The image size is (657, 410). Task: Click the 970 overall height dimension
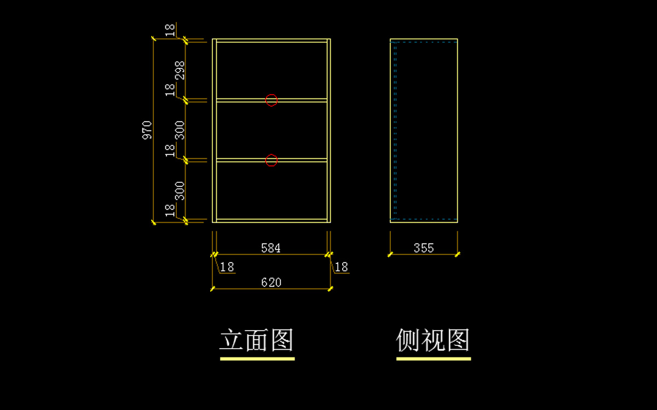(x=147, y=130)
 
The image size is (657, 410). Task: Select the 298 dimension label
(x=180, y=71)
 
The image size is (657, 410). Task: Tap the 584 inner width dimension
(x=270, y=248)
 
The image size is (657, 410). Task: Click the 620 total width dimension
(x=271, y=282)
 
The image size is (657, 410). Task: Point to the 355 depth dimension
(x=424, y=248)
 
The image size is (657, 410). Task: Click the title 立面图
(x=257, y=340)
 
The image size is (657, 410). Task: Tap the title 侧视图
(x=433, y=340)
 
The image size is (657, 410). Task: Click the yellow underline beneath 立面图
(x=257, y=359)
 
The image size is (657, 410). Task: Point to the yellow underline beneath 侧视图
(x=434, y=359)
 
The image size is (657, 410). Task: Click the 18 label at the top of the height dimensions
(x=170, y=30)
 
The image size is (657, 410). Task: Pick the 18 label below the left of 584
(x=227, y=267)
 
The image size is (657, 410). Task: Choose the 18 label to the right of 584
(x=341, y=267)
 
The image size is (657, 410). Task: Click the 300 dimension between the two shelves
(x=180, y=130)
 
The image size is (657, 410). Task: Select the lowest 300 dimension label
(x=180, y=191)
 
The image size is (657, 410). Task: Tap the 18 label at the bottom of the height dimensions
(x=170, y=211)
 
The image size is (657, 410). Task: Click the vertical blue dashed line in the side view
(x=395, y=130)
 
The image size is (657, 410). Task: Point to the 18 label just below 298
(x=170, y=90)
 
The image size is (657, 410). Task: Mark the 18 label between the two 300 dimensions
(x=170, y=151)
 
